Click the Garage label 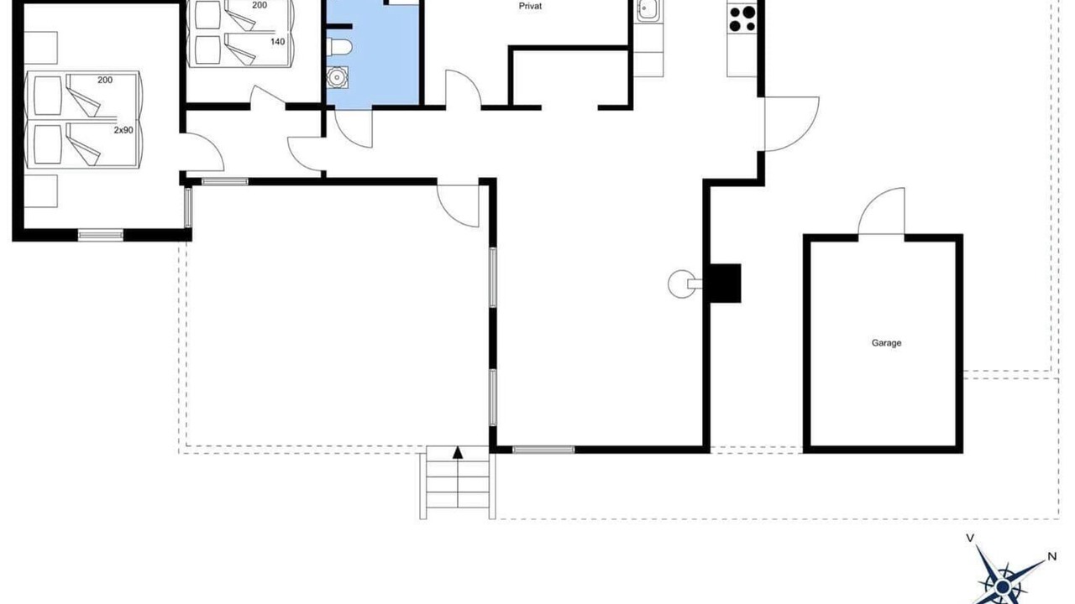coord(886,343)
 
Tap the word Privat coord(530,6)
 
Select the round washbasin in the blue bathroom coord(337,77)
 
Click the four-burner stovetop coord(742,18)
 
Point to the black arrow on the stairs coord(458,452)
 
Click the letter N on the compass coord(1052,556)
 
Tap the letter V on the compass coord(970,539)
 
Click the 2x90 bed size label coord(123,130)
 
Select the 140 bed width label coord(277,42)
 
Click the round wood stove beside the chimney coord(680,284)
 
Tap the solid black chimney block coord(725,284)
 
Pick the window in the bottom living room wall coord(543,450)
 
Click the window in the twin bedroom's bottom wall coord(100,235)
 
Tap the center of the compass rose coord(1003,586)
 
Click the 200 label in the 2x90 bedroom coord(105,80)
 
